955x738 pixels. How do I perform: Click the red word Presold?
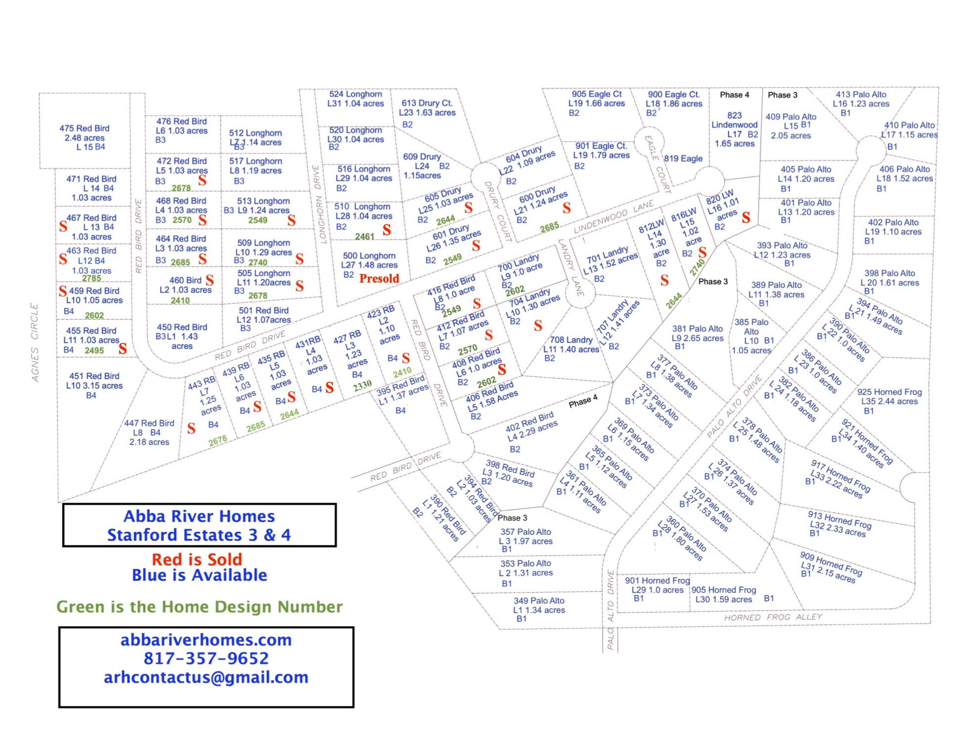coord(379,279)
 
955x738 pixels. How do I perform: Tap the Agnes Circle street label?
coord(35,342)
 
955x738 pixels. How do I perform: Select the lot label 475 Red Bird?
coord(85,129)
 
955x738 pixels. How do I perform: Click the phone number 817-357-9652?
coord(206,658)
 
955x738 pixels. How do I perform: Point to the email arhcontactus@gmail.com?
coord(206,677)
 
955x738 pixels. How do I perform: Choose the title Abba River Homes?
coord(199,516)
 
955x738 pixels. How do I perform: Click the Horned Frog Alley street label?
coord(773,617)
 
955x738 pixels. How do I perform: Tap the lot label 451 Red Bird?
coord(94,376)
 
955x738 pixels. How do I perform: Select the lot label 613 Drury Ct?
coord(427,103)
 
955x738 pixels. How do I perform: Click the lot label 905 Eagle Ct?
coord(597,94)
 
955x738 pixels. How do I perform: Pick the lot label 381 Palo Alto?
coord(697,329)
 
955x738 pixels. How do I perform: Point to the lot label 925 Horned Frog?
coord(889,392)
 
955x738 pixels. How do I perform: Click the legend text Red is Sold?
coord(197,560)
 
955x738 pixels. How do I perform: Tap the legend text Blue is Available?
coord(199,575)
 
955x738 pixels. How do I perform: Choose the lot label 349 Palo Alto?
coord(539,601)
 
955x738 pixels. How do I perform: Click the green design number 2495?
coord(94,350)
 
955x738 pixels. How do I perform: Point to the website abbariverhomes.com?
coord(206,640)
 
